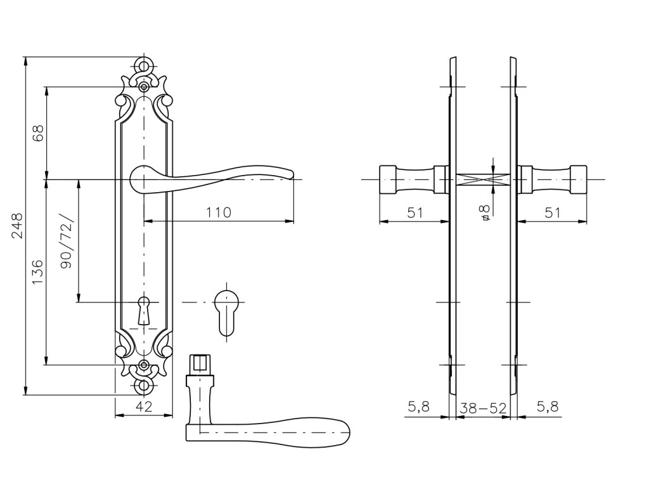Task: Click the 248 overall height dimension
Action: (17, 225)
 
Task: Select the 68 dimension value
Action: (38, 133)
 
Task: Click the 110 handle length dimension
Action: (218, 212)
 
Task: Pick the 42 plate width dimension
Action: (145, 408)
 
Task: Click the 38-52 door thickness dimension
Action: (483, 408)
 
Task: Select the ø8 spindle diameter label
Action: (485, 212)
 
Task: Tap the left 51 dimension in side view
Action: (414, 212)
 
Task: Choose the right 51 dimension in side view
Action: (553, 212)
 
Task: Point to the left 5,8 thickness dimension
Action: (419, 408)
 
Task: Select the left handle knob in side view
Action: (412, 179)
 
